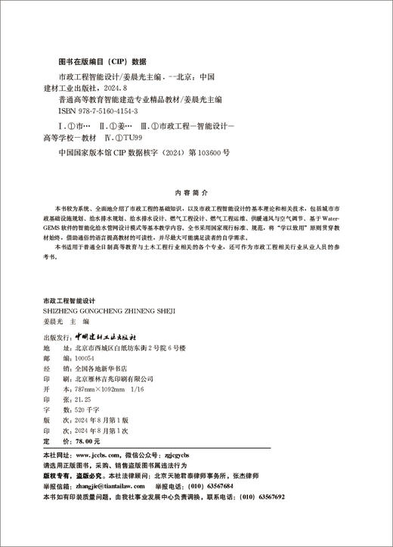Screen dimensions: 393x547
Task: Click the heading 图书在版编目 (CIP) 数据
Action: pos(102,62)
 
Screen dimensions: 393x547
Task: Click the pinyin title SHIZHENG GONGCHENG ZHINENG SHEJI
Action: pos(110,309)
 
